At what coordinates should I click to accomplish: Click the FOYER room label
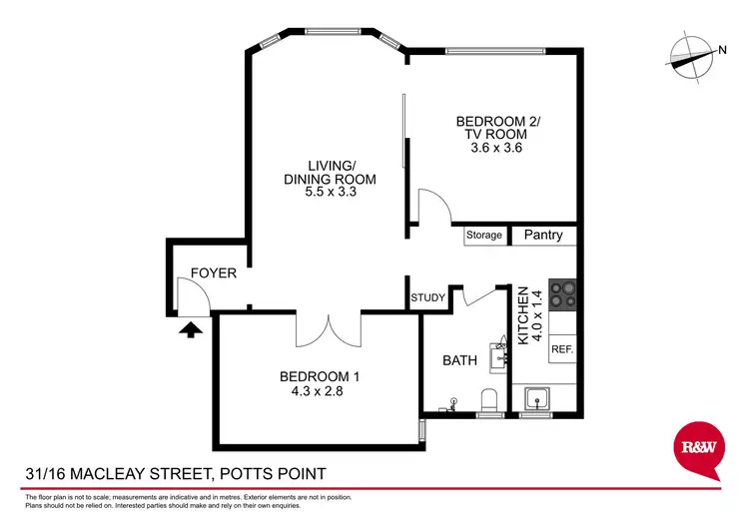point(213,272)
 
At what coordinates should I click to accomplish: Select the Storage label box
point(483,237)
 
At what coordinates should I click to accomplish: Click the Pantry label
point(543,237)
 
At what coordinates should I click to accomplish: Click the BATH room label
point(460,359)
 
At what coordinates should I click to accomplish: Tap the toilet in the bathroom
point(489,400)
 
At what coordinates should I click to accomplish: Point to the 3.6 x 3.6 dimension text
point(496,148)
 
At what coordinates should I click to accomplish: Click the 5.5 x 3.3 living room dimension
point(331,193)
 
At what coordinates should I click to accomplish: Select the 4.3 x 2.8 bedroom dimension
point(319,390)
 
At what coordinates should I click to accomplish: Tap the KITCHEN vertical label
point(522,315)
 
